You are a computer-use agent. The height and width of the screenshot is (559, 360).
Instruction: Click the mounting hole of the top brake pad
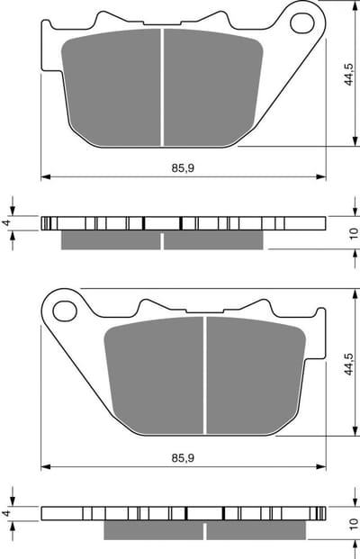tap(302, 23)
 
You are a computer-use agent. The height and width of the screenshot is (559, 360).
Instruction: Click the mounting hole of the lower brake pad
tap(65, 311)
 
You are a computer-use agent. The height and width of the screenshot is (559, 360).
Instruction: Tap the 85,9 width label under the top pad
tap(183, 167)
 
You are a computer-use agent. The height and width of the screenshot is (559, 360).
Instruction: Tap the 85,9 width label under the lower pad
tap(183, 458)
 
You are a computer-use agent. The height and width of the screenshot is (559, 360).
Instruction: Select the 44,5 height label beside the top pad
tap(348, 75)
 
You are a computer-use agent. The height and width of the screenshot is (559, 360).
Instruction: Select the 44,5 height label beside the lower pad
tap(348, 364)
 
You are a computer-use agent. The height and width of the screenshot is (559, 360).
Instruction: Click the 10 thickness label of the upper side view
tap(353, 233)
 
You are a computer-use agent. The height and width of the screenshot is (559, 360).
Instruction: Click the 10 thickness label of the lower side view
tap(353, 523)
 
